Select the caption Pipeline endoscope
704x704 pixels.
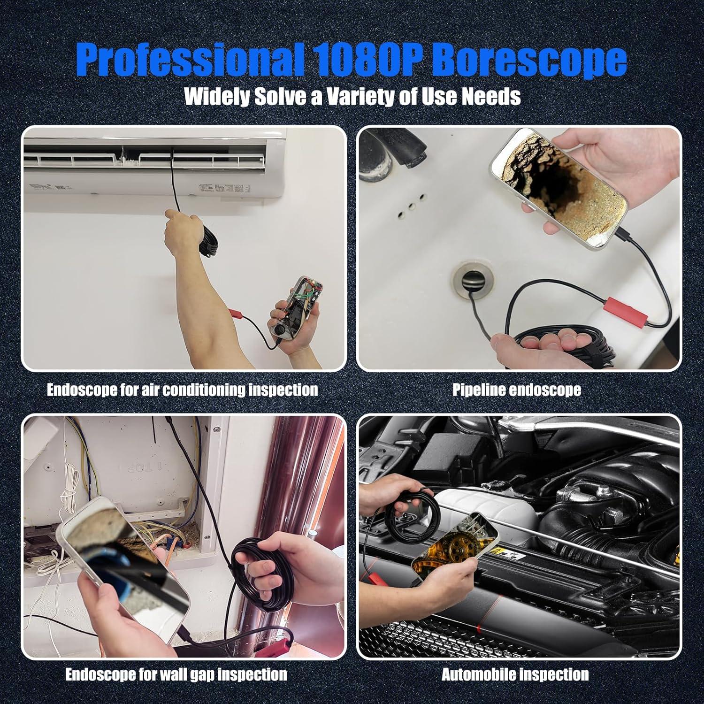(x=516, y=390)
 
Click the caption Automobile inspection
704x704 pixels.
(x=515, y=675)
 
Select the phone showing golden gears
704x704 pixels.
(x=454, y=544)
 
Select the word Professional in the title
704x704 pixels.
(x=188, y=59)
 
